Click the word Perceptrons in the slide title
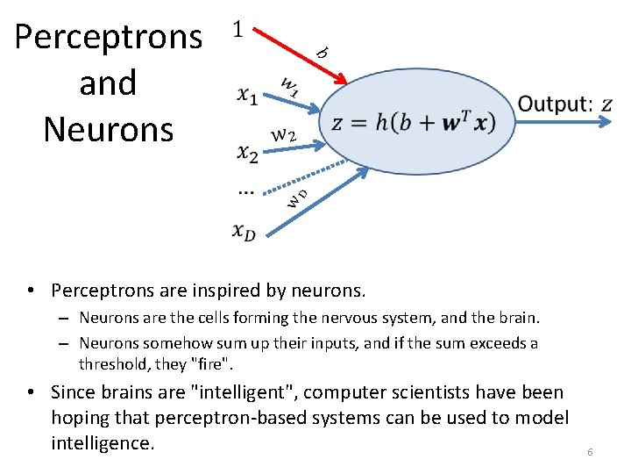pyautogui.click(x=109, y=38)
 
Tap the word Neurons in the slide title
pyautogui.click(x=109, y=129)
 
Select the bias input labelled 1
pyautogui.click(x=236, y=30)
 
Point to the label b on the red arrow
pyautogui.click(x=322, y=53)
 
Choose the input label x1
pyautogui.click(x=247, y=97)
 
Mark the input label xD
pyautogui.click(x=245, y=231)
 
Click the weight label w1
pyautogui.click(x=290, y=85)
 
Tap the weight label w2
pyautogui.click(x=282, y=135)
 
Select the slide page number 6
pyautogui.click(x=590, y=452)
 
